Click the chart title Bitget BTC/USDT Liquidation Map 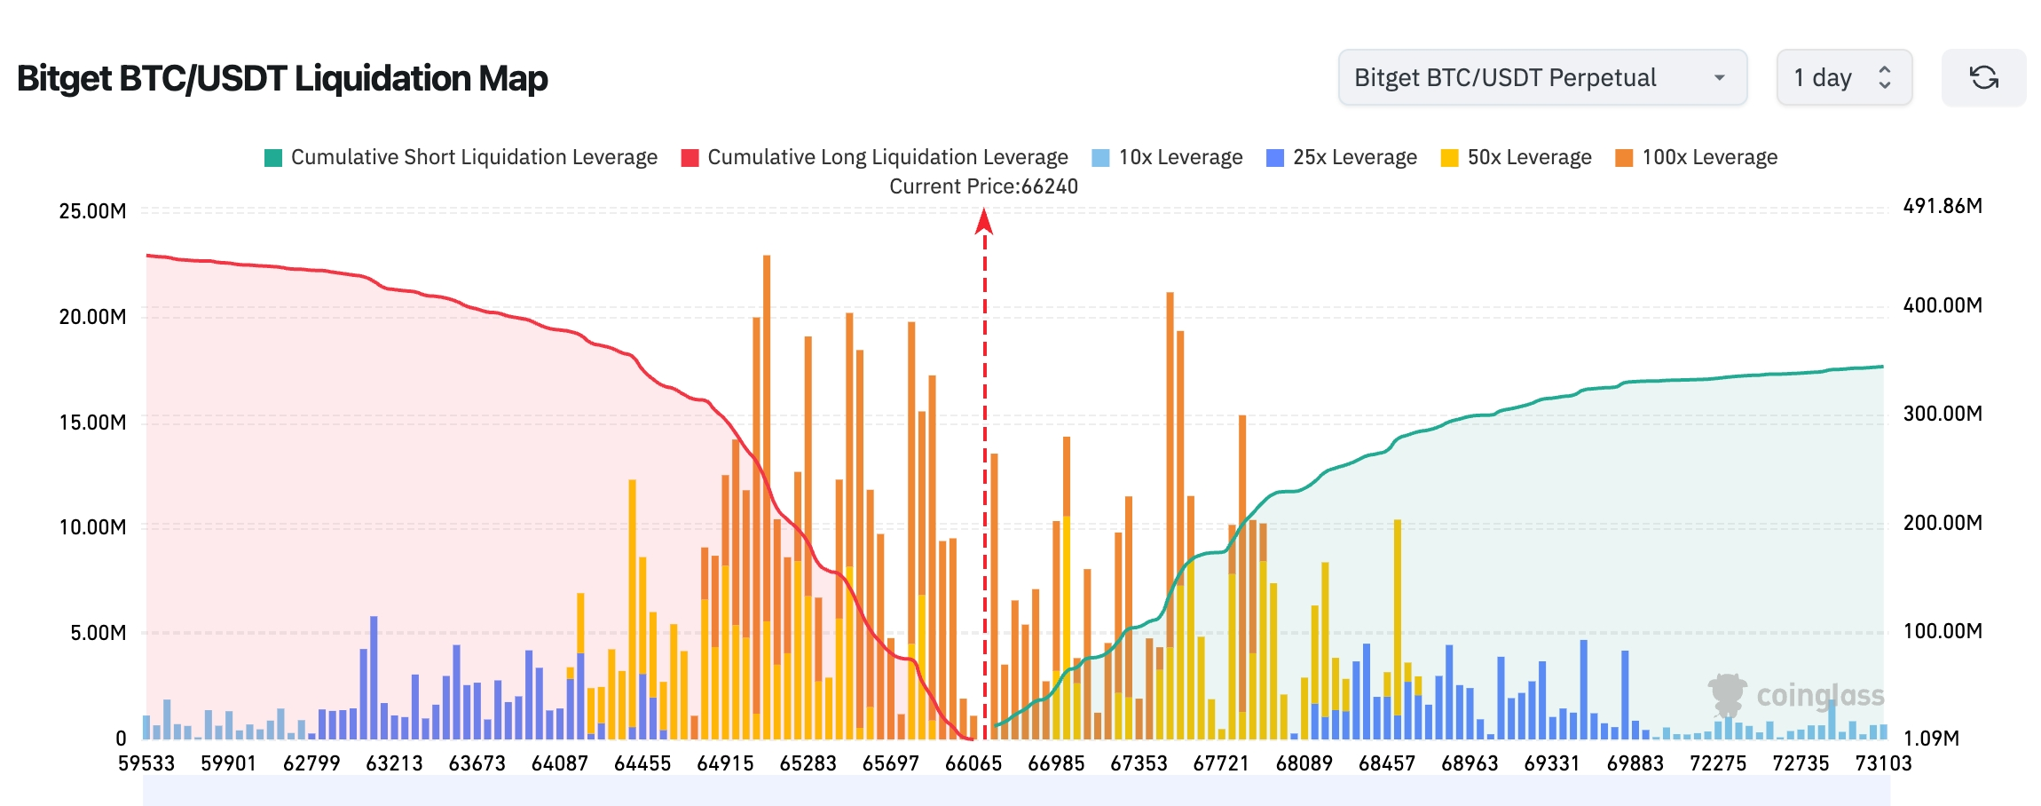tap(282, 78)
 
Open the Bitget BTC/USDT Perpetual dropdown tap(1542, 77)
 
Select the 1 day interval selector tap(1844, 77)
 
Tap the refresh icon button tap(1984, 77)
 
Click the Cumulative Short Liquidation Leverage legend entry tap(461, 157)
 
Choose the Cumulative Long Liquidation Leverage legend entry tap(875, 157)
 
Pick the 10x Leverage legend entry tap(1168, 157)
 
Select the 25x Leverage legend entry tap(1342, 157)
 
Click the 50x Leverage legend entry tap(1517, 157)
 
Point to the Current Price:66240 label tap(983, 186)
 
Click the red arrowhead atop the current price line tap(984, 221)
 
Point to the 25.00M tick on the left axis tap(92, 211)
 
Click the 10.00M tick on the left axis tap(92, 527)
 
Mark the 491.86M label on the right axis tap(1942, 206)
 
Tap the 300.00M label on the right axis tap(1942, 414)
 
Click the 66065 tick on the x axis tap(973, 763)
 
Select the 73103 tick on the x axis tap(1883, 763)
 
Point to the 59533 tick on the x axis tap(146, 763)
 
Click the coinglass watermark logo tap(1796, 695)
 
